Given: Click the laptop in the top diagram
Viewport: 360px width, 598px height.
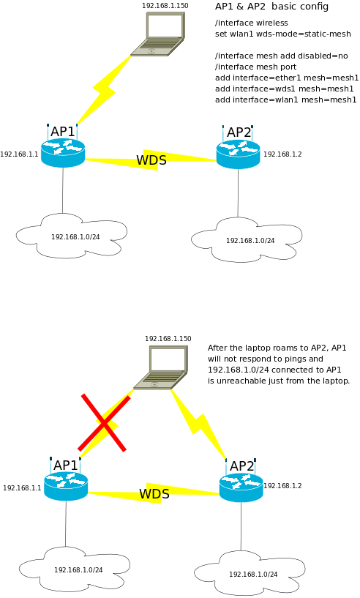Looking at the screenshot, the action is pos(158,34).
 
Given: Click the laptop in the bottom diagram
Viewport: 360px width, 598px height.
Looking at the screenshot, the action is pos(160,367).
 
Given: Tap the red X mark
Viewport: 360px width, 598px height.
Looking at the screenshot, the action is pos(104,423).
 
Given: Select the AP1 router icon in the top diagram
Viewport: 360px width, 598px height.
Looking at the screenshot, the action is pos(62,152).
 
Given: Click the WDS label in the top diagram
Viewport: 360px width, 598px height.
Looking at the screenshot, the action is pos(151,160).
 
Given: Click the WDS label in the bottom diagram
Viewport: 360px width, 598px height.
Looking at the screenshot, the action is pos(154,493).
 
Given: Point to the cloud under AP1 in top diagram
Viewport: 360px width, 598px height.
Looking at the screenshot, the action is pos(72,236).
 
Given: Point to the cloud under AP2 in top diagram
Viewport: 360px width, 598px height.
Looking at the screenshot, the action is pos(247,239).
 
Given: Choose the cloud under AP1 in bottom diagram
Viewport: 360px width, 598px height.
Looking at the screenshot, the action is pos(75,569).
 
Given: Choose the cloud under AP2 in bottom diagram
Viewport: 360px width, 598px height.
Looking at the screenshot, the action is pos(250,573).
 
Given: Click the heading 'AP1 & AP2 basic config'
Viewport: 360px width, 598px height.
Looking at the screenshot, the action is pos(271,7).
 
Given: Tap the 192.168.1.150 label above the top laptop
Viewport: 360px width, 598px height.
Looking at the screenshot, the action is pos(165,6).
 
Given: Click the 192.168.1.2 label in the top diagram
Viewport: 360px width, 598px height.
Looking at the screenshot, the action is pos(282,154).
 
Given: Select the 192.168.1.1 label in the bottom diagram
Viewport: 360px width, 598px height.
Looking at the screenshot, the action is pos(22,487).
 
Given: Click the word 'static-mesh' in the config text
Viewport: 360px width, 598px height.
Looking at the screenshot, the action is pos(327,34).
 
